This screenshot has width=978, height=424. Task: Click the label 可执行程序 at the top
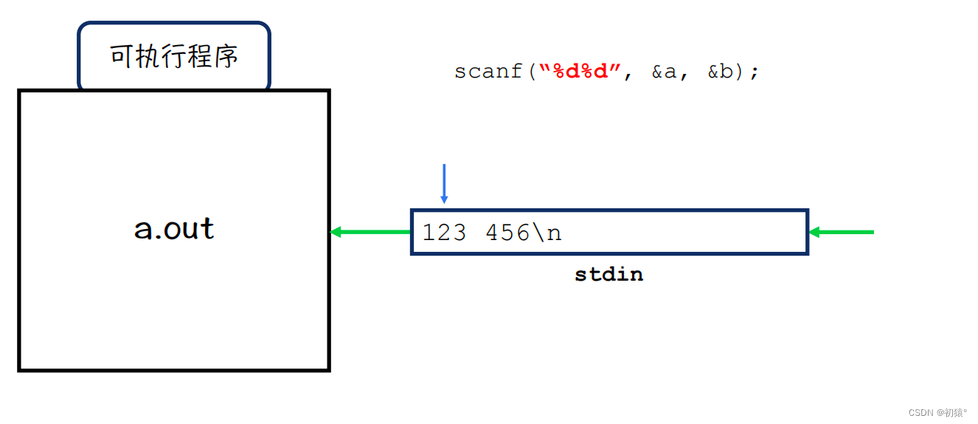(x=174, y=57)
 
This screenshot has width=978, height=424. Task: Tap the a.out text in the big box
(x=174, y=229)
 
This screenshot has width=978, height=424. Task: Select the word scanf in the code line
(x=488, y=72)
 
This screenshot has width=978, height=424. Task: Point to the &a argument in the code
(x=664, y=72)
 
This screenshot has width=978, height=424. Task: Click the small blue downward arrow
(x=444, y=183)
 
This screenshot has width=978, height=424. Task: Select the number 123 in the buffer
(x=444, y=233)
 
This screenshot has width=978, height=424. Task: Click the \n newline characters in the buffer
(x=547, y=233)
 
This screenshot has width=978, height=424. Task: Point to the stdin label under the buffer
(x=609, y=275)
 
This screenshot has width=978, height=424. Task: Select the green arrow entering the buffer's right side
(x=842, y=232)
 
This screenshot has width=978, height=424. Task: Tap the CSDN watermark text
(x=937, y=412)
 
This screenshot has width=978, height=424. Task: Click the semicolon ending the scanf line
(x=754, y=73)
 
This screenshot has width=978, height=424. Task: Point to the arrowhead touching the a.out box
(x=336, y=232)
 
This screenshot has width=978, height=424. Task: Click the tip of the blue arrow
(x=444, y=202)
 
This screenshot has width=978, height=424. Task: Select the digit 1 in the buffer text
(x=428, y=233)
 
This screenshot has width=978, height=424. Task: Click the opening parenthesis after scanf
(x=531, y=72)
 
